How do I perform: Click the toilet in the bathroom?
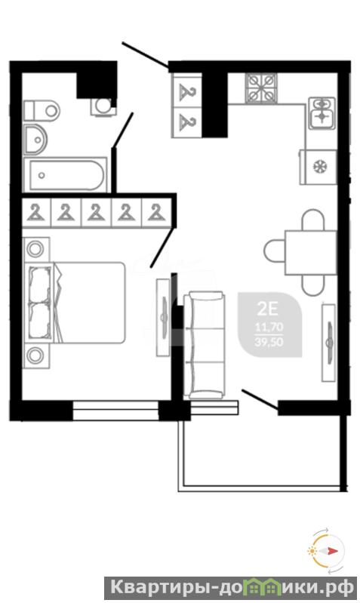click(x=42, y=111)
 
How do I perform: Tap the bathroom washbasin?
click(x=35, y=139)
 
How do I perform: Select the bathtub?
click(x=66, y=175)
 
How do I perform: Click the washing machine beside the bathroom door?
click(x=103, y=106)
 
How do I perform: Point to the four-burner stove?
click(x=262, y=88)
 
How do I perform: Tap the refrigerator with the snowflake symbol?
click(x=318, y=167)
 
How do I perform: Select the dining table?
click(x=311, y=252)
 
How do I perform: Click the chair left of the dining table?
click(x=274, y=251)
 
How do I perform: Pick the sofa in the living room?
click(x=204, y=345)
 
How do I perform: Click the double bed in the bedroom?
click(x=75, y=303)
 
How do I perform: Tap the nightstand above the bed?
click(x=36, y=249)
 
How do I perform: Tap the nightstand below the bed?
click(x=36, y=355)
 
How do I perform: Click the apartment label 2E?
click(x=267, y=309)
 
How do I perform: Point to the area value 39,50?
click(x=269, y=342)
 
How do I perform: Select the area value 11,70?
click(x=269, y=328)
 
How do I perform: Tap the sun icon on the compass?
click(x=311, y=551)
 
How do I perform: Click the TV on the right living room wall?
click(x=329, y=343)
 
